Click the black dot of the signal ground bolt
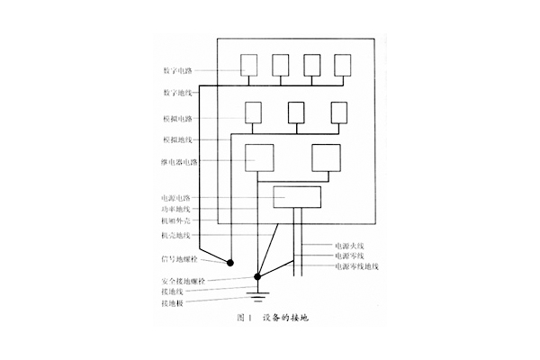pos(231,264)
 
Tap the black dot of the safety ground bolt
pos(258,277)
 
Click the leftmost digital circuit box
pos(249,65)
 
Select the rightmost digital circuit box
pos(343,65)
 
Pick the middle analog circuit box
pos(296,112)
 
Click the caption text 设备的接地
pos(289,318)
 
